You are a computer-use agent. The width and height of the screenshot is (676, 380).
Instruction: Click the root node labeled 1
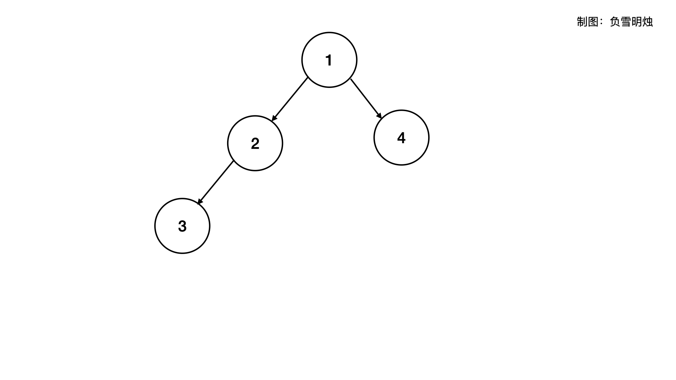point(329,60)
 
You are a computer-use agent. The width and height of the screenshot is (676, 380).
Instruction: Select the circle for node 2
point(255,143)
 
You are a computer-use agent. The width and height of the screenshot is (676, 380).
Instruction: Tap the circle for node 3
point(182,226)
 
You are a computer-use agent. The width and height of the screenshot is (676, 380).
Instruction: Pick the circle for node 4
point(401,138)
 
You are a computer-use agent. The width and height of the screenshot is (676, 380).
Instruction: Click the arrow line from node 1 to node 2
point(290,99)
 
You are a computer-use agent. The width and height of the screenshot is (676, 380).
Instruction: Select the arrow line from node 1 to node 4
point(365,98)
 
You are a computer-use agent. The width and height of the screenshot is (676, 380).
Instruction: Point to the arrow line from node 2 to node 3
point(216,182)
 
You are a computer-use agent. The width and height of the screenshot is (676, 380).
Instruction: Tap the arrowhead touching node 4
point(379,116)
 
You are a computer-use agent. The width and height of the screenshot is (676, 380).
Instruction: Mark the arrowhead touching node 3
point(200,202)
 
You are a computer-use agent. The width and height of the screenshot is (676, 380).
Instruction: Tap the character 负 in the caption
point(615,22)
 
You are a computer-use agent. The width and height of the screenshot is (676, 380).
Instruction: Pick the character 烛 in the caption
point(647,22)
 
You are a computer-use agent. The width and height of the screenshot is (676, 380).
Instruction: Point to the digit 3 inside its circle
point(182,226)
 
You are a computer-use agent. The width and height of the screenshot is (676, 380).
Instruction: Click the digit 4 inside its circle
point(401,138)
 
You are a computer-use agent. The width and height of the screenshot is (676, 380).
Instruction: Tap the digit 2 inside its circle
point(255,143)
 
